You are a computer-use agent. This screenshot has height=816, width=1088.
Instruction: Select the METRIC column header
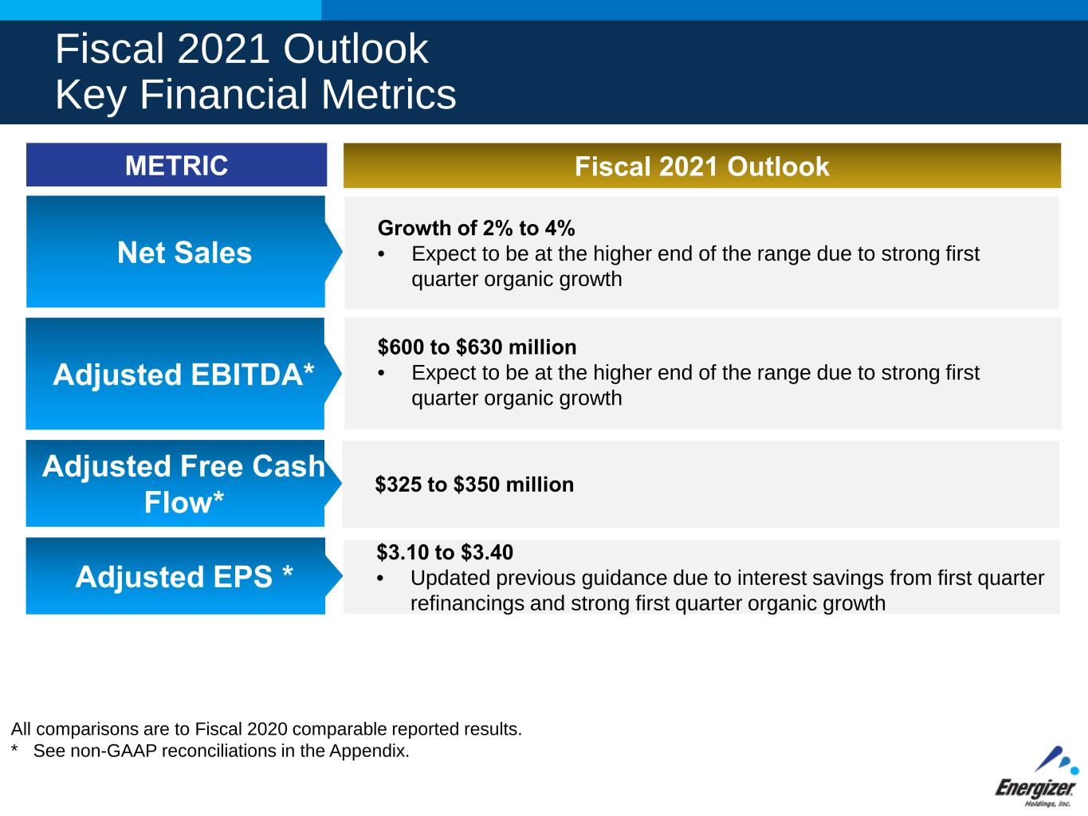pos(176,165)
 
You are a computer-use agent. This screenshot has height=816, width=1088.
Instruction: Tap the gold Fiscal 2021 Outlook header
pos(702,166)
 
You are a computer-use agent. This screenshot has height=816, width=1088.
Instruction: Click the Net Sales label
pos(184,252)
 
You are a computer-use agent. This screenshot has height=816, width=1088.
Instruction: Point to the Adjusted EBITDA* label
pos(183,374)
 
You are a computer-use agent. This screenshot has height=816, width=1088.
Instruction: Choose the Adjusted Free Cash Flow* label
pos(183,484)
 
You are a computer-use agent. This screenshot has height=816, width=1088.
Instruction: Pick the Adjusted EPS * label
pos(184,576)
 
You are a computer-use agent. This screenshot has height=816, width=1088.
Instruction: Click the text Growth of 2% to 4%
pos(477,229)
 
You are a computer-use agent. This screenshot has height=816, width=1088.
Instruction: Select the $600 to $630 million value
pos(477,347)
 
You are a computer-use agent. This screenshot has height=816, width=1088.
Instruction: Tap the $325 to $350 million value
pos(474,484)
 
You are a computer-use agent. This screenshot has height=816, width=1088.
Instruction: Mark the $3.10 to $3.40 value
pos(445,552)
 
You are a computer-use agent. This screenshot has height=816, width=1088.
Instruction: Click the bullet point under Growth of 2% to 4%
pos(381,255)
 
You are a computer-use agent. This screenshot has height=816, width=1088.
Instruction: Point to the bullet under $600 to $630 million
pos(381,374)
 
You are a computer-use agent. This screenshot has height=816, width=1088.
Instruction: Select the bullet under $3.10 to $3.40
pos(380,579)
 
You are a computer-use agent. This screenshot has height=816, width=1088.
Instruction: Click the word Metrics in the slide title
pos(389,94)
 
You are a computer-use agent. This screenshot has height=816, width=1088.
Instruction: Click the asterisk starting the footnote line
pos(14,747)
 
